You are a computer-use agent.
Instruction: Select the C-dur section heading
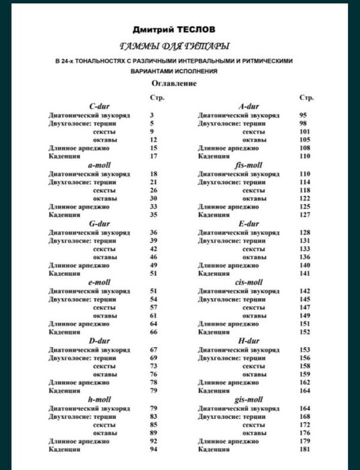pyautogui.click(x=99, y=106)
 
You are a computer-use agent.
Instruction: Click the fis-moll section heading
pyautogui.click(x=248, y=164)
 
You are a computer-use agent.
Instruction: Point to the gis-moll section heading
pyautogui.click(x=248, y=399)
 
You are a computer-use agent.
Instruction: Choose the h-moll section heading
pyautogui.click(x=99, y=399)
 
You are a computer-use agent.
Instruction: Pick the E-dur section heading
pyautogui.click(x=248, y=224)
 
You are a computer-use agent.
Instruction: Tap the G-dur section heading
pyautogui.click(x=99, y=224)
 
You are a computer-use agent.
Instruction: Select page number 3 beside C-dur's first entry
pyautogui.click(x=152, y=115)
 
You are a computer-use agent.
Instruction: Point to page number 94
pyautogui.click(x=153, y=450)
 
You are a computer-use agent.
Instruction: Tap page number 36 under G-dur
pyautogui.click(x=153, y=232)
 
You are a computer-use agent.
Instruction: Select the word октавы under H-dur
pyautogui.click(x=253, y=374)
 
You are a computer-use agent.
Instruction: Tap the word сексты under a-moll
pyautogui.click(x=104, y=190)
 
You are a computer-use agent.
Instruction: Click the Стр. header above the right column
pyautogui.click(x=305, y=97)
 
